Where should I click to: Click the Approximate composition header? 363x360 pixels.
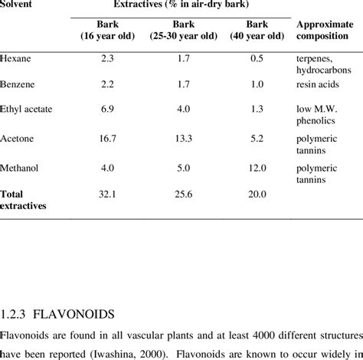(324, 31)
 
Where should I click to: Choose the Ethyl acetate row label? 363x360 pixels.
(26, 110)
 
